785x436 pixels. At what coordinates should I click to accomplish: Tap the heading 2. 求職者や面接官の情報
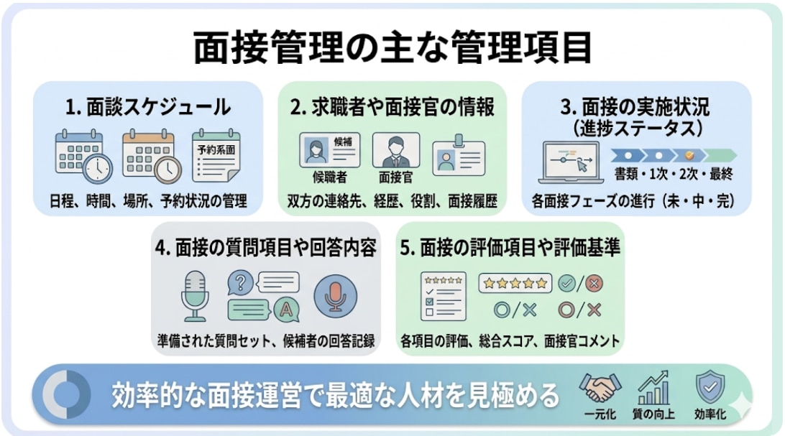(x=392, y=107)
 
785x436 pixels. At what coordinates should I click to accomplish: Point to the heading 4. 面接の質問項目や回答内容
(x=265, y=248)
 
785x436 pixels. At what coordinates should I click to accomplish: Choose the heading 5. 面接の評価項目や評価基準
(x=510, y=248)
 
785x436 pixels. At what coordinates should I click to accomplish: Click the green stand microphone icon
(x=195, y=294)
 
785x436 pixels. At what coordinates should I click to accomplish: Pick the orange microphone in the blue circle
(x=335, y=294)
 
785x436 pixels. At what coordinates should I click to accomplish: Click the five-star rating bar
(x=515, y=283)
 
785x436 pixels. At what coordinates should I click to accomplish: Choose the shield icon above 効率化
(x=710, y=388)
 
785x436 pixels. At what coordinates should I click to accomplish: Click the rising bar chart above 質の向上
(x=653, y=389)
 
